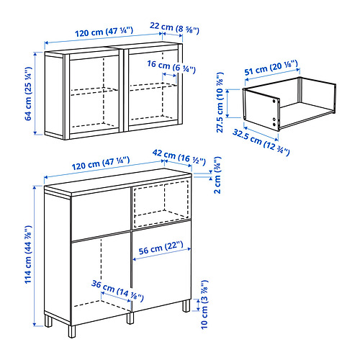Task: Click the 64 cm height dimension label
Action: coord(28,94)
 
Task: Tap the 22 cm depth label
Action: coord(174,28)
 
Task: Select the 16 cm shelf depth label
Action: coord(171,67)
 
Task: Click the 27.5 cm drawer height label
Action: coord(220,102)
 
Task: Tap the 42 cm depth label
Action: coord(179,158)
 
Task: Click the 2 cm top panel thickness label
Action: coord(217,175)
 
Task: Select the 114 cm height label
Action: coord(28,255)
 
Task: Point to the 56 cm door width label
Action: coord(161,248)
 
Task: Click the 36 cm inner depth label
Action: coord(117,291)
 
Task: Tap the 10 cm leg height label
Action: coord(204,305)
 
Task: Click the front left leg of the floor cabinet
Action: coord(72,331)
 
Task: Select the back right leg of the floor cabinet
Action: coord(186,305)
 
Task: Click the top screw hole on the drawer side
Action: coord(274,102)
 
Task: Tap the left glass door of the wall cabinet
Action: coord(94,94)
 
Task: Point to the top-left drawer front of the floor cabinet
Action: coord(101,214)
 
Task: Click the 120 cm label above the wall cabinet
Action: coord(104,32)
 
